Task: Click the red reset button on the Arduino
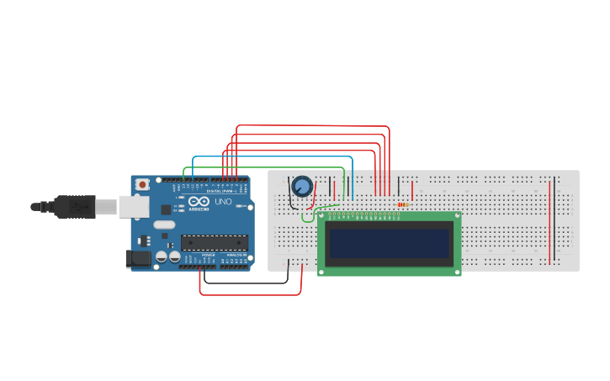coord(143,183)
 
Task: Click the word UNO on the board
coord(223,203)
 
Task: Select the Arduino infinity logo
coord(198,203)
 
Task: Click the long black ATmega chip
coord(215,243)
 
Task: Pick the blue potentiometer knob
coord(301,186)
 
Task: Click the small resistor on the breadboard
coord(402,204)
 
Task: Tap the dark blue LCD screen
coord(390,243)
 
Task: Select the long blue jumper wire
coord(269,157)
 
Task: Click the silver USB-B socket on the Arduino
coord(131,206)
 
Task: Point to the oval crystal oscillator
coord(164,225)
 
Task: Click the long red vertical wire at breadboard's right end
coord(549,219)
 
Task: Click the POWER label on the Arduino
coord(208,255)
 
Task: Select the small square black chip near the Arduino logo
coord(167,208)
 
